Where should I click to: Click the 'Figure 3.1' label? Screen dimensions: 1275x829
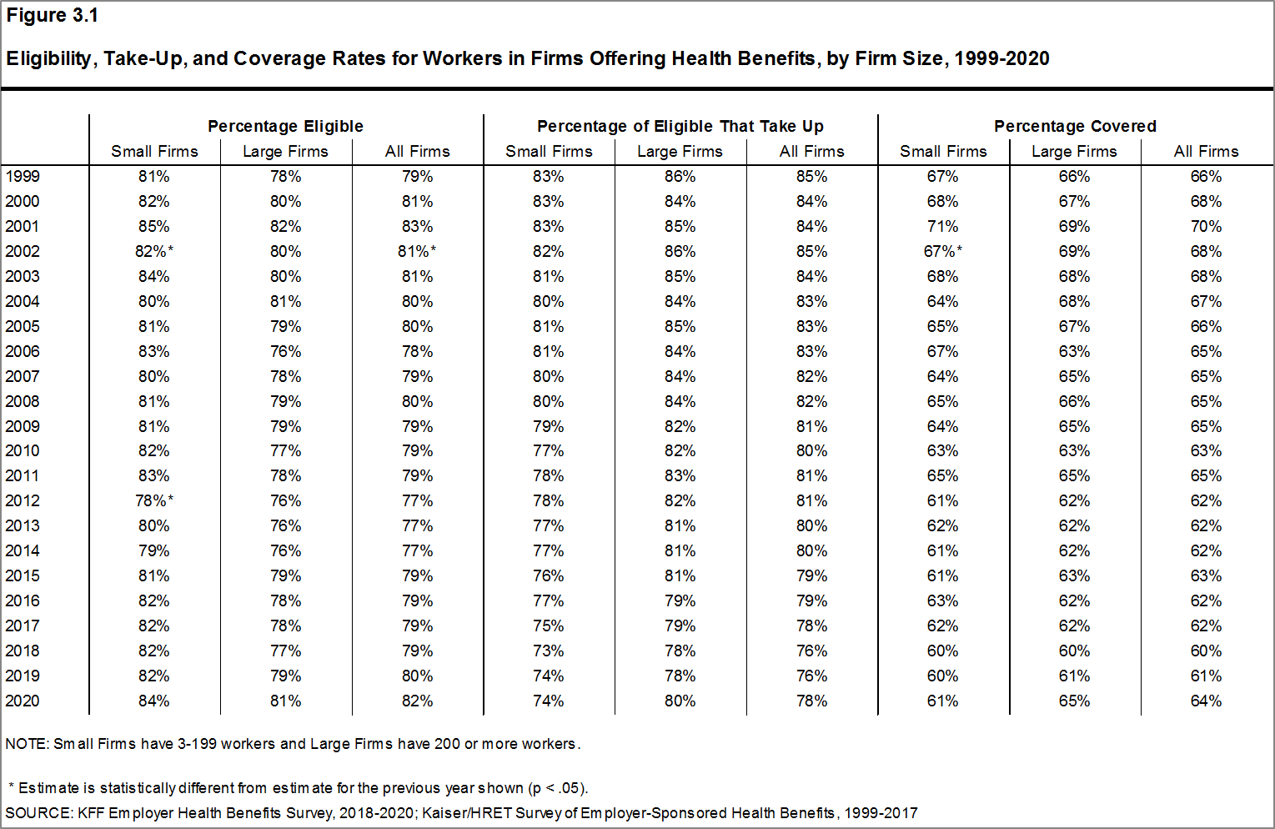click(53, 15)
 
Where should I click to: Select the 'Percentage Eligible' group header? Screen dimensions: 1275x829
click(285, 126)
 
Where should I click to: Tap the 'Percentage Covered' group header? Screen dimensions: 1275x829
click(1075, 126)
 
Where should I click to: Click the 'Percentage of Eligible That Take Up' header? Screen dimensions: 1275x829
click(680, 126)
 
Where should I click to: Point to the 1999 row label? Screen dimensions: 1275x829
click(23, 177)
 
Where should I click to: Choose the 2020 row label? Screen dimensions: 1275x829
click(23, 701)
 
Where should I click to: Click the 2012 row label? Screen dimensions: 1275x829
click(23, 501)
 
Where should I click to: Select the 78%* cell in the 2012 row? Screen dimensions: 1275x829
click(154, 501)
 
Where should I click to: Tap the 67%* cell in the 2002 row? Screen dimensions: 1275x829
click(943, 252)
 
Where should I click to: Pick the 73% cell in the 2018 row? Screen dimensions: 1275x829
click(549, 651)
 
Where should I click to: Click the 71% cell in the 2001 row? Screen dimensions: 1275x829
click(943, 227)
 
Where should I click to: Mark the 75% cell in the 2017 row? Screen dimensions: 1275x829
click(549, 626)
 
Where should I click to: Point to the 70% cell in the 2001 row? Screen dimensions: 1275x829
click(1206, 227)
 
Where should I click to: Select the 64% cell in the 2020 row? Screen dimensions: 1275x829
click(1206, 701)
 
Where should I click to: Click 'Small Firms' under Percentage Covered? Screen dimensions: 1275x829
click(943, 152)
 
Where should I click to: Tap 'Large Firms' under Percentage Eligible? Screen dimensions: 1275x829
click(286, 152)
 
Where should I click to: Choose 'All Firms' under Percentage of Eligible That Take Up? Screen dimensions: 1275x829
click(811, 152)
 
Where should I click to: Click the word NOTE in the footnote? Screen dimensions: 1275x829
click(26, 744)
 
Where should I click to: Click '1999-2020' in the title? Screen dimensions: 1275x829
click(1001, 58)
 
